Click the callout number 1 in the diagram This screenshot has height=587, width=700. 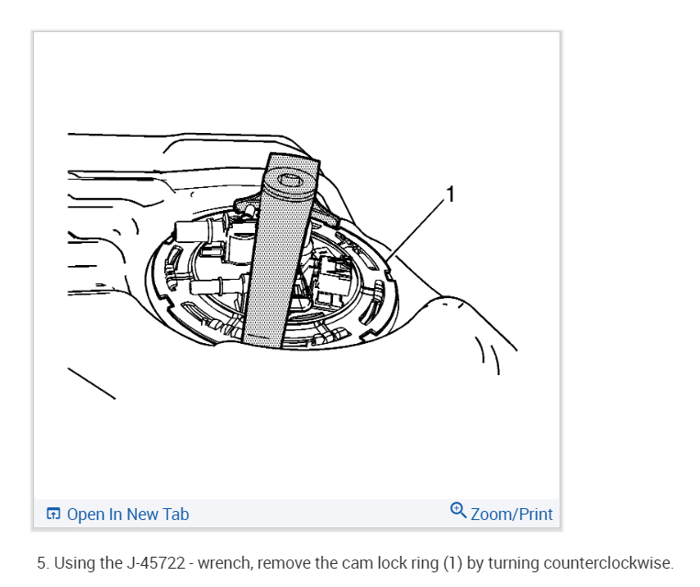point(450,194)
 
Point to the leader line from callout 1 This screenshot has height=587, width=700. point(417,226)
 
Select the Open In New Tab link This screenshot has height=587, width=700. point(128,514)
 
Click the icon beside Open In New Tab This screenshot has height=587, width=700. point(54,514)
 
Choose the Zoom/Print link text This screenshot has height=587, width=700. point(512,514)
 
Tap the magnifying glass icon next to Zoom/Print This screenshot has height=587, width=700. point(459,511)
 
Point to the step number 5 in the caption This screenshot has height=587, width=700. point(42,563)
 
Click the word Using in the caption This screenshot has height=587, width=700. point(73,563)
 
